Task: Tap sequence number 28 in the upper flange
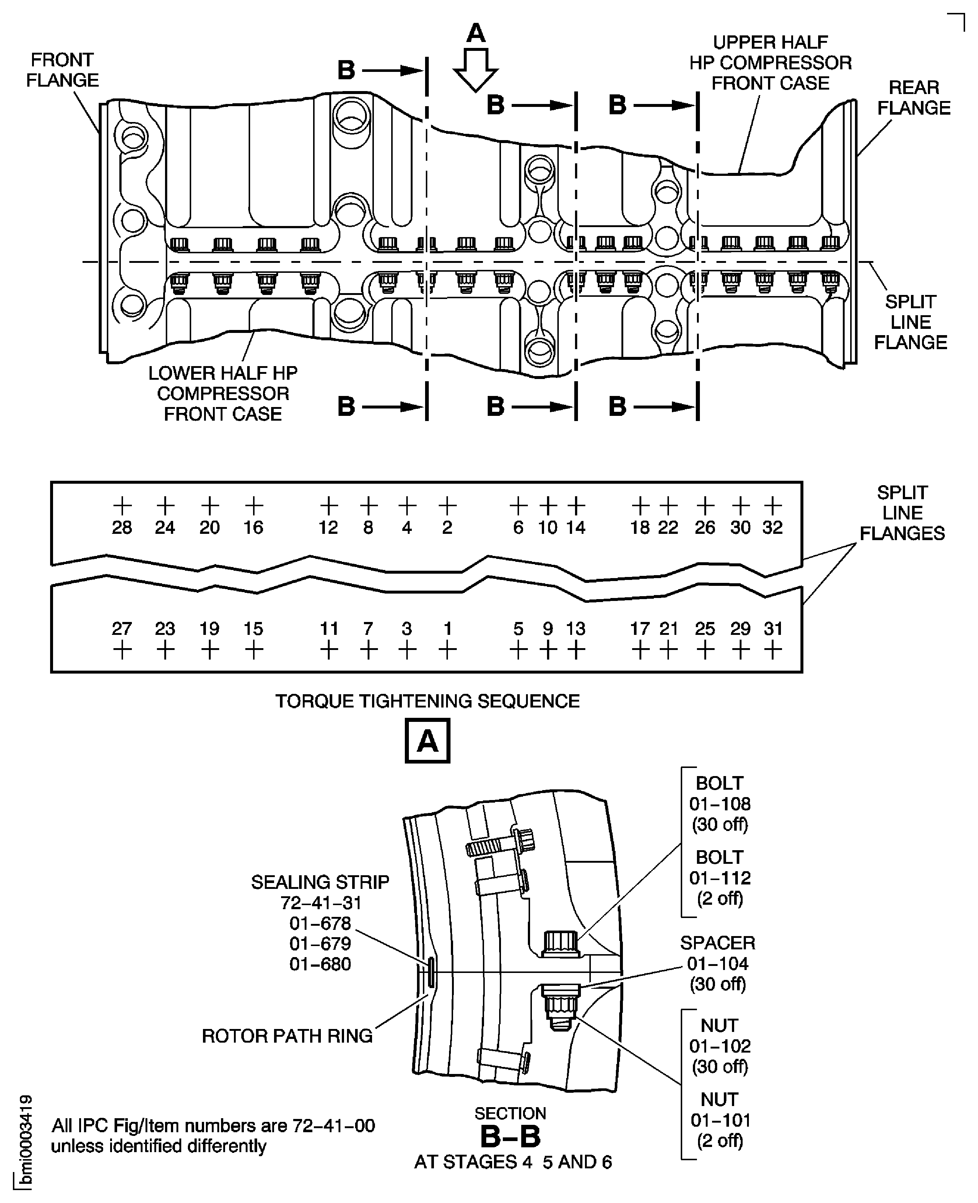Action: point(122,528)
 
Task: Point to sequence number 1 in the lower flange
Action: point(447,629)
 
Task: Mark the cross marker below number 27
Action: point(122,651)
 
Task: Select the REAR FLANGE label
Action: point(914,98)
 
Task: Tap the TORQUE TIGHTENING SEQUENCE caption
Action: point(427,701)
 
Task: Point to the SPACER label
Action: point(717,943)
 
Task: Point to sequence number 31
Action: point(773,629)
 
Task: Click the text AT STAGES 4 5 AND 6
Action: point(513,1162)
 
